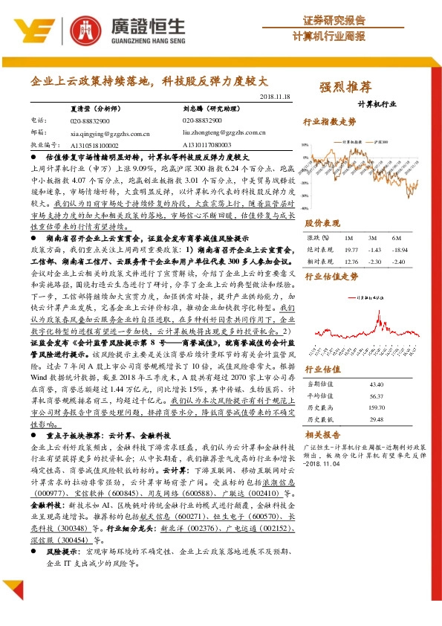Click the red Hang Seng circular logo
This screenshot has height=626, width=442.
click(x=85, y=29)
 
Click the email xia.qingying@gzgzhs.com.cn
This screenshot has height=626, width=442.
click(x=110, y=132)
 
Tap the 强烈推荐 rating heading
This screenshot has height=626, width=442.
click(x=345, y=86)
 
